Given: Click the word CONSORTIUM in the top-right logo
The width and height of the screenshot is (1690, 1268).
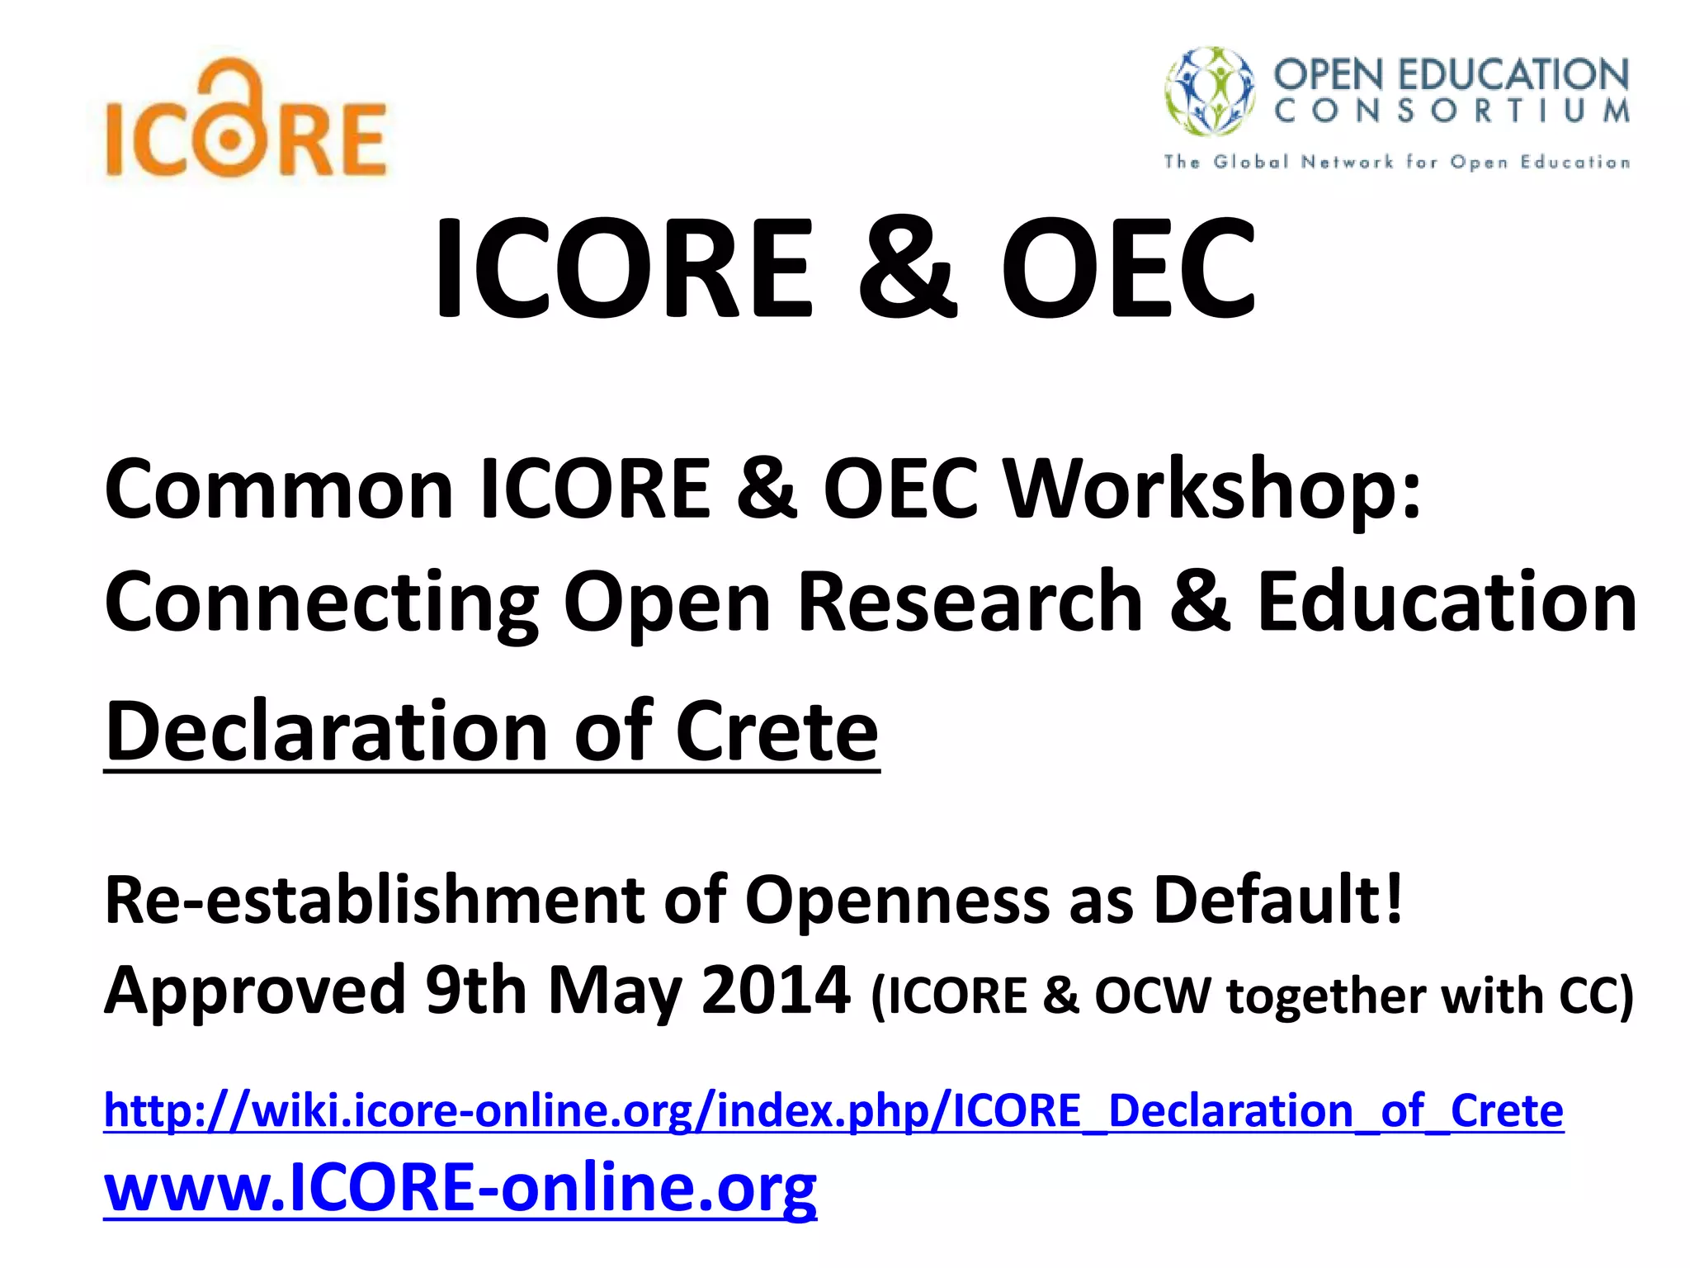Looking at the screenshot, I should click(x=1452, y=111).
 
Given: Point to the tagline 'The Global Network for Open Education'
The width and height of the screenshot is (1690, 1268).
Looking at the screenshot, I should click(x=1396, y=162).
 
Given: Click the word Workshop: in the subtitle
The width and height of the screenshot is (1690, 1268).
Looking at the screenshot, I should click(x=1214, y=490).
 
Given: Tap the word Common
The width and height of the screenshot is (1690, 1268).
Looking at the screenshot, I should click(x=279, y=490).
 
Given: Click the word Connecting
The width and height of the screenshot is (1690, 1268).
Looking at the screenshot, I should click(x=322, y=603).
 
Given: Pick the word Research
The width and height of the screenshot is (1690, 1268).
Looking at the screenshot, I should click(x=970, y=602).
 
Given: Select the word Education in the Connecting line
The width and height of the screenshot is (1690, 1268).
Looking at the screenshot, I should click(x=1446, y=602).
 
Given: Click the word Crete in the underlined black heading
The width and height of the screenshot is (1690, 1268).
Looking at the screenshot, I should click(x=777, y=731).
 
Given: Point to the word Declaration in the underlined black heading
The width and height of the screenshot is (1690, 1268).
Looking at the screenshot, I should click(x=327, y=731).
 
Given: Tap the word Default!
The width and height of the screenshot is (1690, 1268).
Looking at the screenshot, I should click(x=1277, y=899).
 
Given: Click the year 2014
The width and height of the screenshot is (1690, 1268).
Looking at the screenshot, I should click(x=775, y=990).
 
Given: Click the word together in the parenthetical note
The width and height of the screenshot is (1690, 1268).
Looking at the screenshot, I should click(x=1326, y=996).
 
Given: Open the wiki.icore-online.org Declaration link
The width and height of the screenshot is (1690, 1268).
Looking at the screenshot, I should click(x=833, y=1111).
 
